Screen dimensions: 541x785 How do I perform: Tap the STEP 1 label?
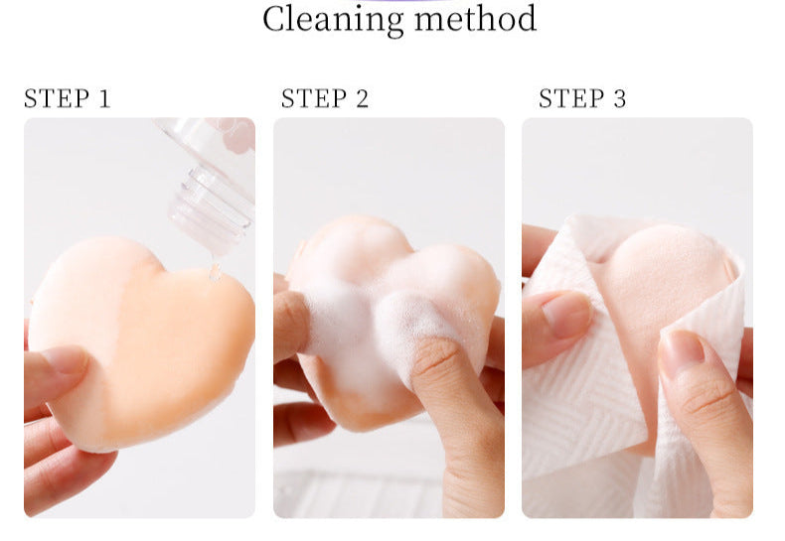pyautogui.click(x=67, y=98)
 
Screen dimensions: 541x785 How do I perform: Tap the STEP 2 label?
pyautogui.click(x=324, y=98)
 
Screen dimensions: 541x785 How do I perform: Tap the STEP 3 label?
pyautogui.click(x=582, y=98)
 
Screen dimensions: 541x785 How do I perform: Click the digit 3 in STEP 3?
pyautogui.click(x=619, y=98)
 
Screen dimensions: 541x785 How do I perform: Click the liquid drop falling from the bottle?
pyautogui.click(x=214, y=270)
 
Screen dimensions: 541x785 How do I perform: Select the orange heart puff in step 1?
pyautogui.click(x=149, y=338)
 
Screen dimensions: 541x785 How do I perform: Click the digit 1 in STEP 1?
pyautogui.click(x=103, y=98)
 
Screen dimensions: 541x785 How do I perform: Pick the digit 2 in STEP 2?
pyautogui.click(x=361, y=98)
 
